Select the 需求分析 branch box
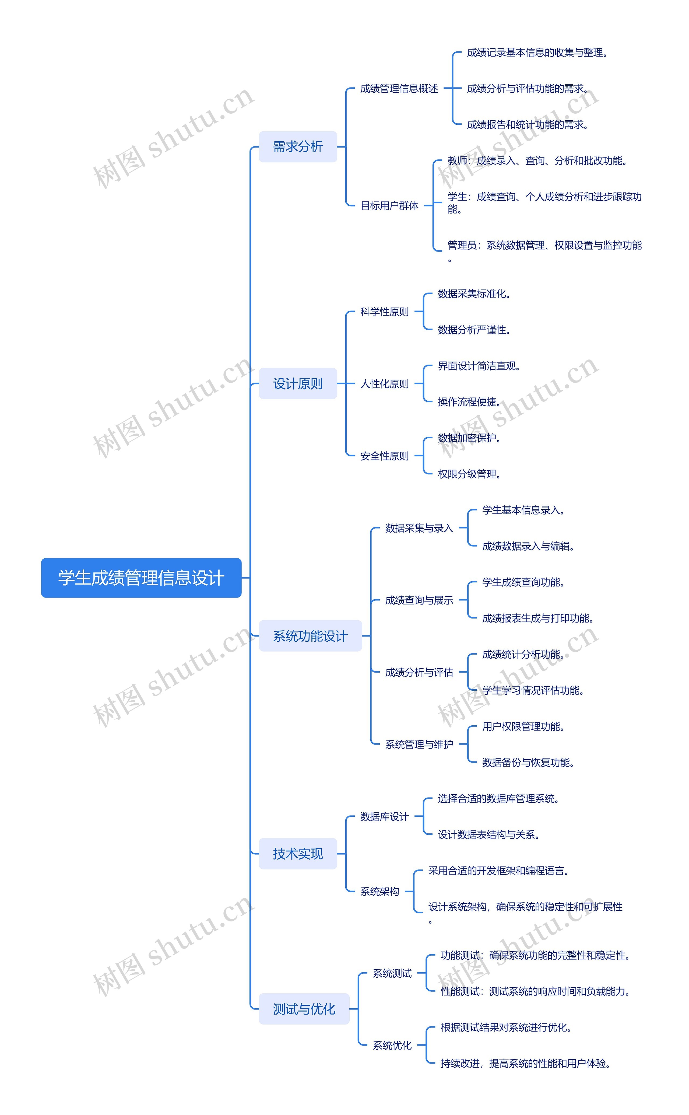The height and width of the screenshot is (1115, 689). [x=298, y=147]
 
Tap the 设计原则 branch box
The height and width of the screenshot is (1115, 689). [x=298, y=383]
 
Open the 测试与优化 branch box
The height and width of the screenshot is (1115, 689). [x=304, y=1009]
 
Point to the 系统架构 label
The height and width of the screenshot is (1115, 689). [x=379, y=891]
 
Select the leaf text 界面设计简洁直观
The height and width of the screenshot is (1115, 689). [x=479, y=366]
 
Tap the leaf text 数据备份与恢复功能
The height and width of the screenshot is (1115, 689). [x=528, y=762]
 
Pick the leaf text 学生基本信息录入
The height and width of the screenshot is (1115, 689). [x=523, y=510]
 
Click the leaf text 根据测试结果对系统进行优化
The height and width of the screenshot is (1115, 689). [x=506, y=1027]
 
